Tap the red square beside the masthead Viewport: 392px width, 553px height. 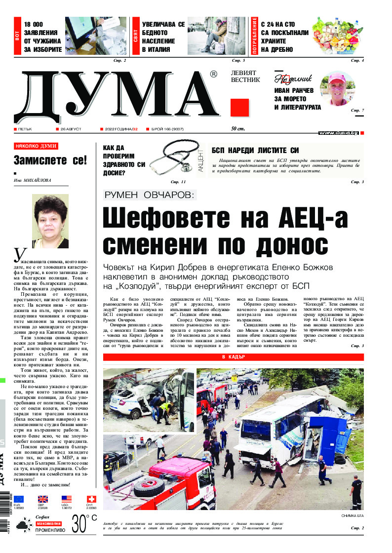[239, 108]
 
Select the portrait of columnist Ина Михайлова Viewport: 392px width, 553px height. [50, 221]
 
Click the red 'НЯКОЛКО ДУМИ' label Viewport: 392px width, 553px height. [36, 146]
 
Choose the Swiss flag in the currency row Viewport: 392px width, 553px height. [91, 499]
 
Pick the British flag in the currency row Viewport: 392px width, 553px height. [43, 499]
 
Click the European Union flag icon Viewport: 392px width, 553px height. [19, 499]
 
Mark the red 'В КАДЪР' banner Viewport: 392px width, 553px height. [233, 356]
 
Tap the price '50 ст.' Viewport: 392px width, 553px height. [238, 129]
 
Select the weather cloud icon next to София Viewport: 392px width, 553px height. [22, 525]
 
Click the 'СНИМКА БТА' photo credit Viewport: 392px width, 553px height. [352, 515]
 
